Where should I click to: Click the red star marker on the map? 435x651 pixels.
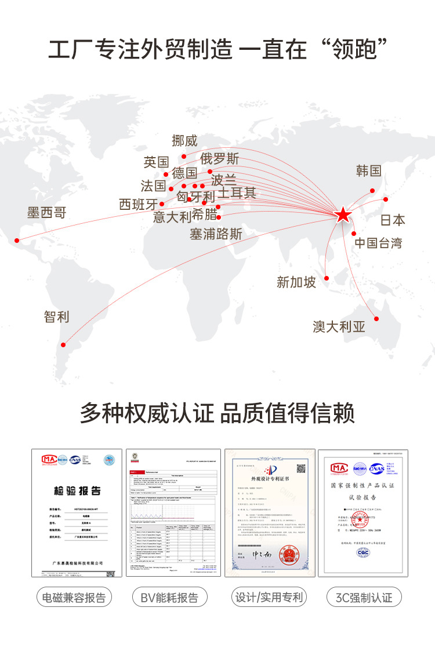[343, 215]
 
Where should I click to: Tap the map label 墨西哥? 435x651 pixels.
[47, 213]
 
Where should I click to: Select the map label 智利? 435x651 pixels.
[56, 317]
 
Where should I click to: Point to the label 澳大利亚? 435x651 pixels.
[339, 327]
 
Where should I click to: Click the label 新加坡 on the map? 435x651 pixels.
[296, 282]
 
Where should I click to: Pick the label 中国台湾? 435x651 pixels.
[378, 243]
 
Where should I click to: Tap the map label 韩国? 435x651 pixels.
[369, 170]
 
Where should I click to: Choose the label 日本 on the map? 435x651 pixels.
[393, 220]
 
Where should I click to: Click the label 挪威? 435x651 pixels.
[185, 140]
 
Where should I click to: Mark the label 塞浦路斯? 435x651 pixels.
[216, 234]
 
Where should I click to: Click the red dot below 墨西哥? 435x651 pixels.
[17, 240]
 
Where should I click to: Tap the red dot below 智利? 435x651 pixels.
[64, 345]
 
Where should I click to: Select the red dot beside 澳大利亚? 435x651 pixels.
[376, 318]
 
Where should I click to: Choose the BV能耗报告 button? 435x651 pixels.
[169, 598]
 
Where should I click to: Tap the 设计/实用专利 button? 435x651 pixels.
[269, 597]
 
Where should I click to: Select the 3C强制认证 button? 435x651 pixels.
[364, 598]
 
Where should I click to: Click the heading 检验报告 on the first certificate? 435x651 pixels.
[77, 490]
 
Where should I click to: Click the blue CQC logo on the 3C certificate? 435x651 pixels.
[364, 552]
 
